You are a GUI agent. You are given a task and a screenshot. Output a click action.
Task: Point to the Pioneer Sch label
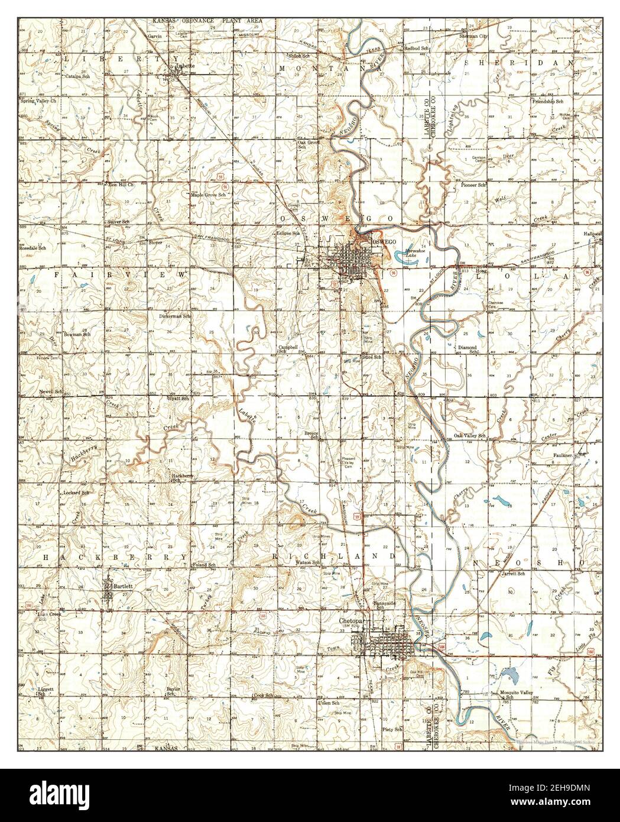[x=473, y=185]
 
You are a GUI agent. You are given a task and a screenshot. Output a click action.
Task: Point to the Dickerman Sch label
[x=175, y=316]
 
